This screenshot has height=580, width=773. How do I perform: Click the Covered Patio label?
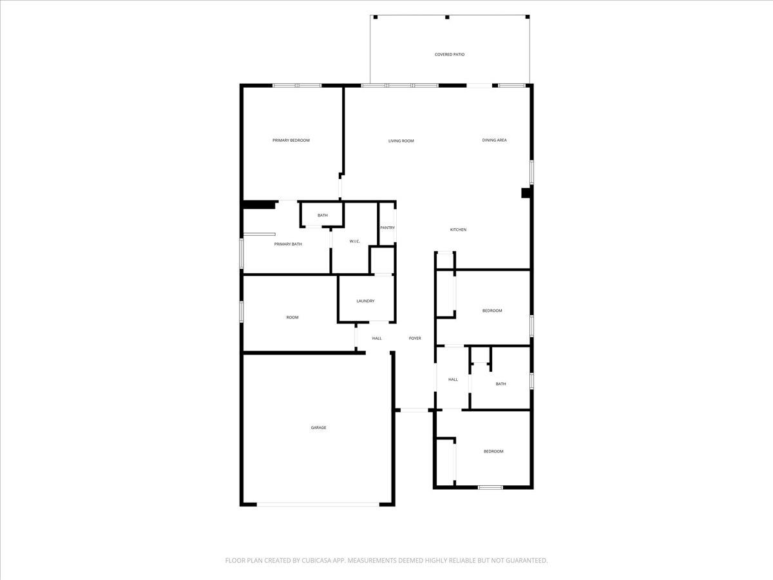coord(450,55)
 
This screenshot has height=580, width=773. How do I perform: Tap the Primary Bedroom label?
coord(291,140)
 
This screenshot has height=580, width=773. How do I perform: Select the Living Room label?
coord(401,141)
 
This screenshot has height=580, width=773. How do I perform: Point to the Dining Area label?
coord(494,140)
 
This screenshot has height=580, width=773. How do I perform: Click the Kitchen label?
coord(458,230)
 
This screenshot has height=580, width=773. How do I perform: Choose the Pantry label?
coord(387,227)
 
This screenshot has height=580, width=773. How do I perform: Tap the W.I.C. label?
coord(354,242)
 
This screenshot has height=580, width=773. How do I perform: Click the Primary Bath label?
coord(288,244)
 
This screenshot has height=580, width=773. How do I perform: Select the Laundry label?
coord(365,301)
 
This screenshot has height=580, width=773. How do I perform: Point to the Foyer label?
coord(415,338)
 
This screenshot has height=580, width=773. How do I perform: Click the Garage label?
coord(318,427)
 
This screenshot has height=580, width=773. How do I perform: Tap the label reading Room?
coord(292,317)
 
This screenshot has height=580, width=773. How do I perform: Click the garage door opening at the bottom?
coord(318,505)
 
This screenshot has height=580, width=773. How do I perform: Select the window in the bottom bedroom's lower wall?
coord(490,487)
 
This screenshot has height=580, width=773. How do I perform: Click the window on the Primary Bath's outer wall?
coord(242,253)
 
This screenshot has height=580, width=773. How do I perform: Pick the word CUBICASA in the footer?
coord(314,561)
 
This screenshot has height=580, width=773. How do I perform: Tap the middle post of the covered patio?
coord(448,17)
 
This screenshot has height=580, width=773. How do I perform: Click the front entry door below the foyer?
coord(414,410)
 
